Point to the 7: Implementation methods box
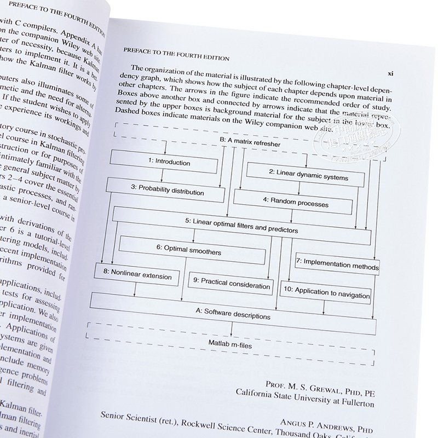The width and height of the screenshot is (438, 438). tap(337, 264)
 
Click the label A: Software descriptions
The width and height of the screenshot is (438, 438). tap(233, 314)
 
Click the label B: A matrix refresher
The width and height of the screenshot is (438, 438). tap(250, 144)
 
